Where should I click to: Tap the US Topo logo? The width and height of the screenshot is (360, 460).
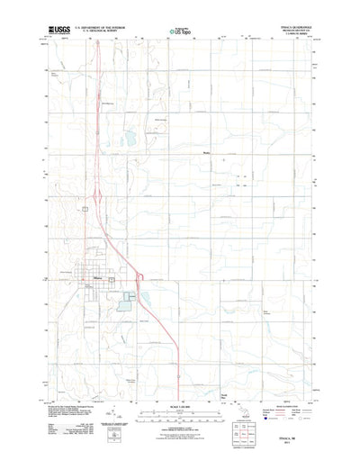[x=180, y=33]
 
